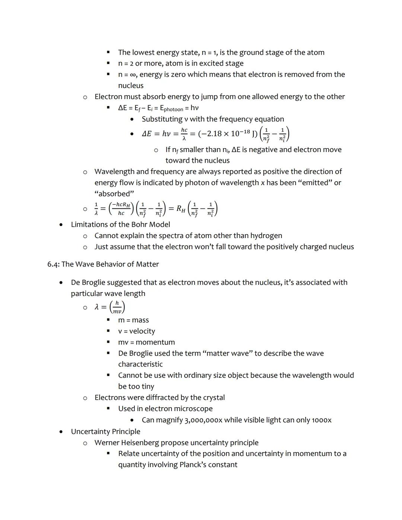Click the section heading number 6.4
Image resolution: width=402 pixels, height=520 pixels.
(x=53, y=264)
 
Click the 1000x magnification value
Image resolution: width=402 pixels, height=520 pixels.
(x=321, y=420)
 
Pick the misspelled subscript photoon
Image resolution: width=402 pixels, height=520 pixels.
(x=173, y=109)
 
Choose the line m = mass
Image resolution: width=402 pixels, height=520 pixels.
(x=133, y=320)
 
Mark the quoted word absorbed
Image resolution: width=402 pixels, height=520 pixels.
(x=114, y=194)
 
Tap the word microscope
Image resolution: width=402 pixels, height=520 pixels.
(x=193, y=409)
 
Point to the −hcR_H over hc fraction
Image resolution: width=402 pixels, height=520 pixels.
(x=121, y=209)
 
